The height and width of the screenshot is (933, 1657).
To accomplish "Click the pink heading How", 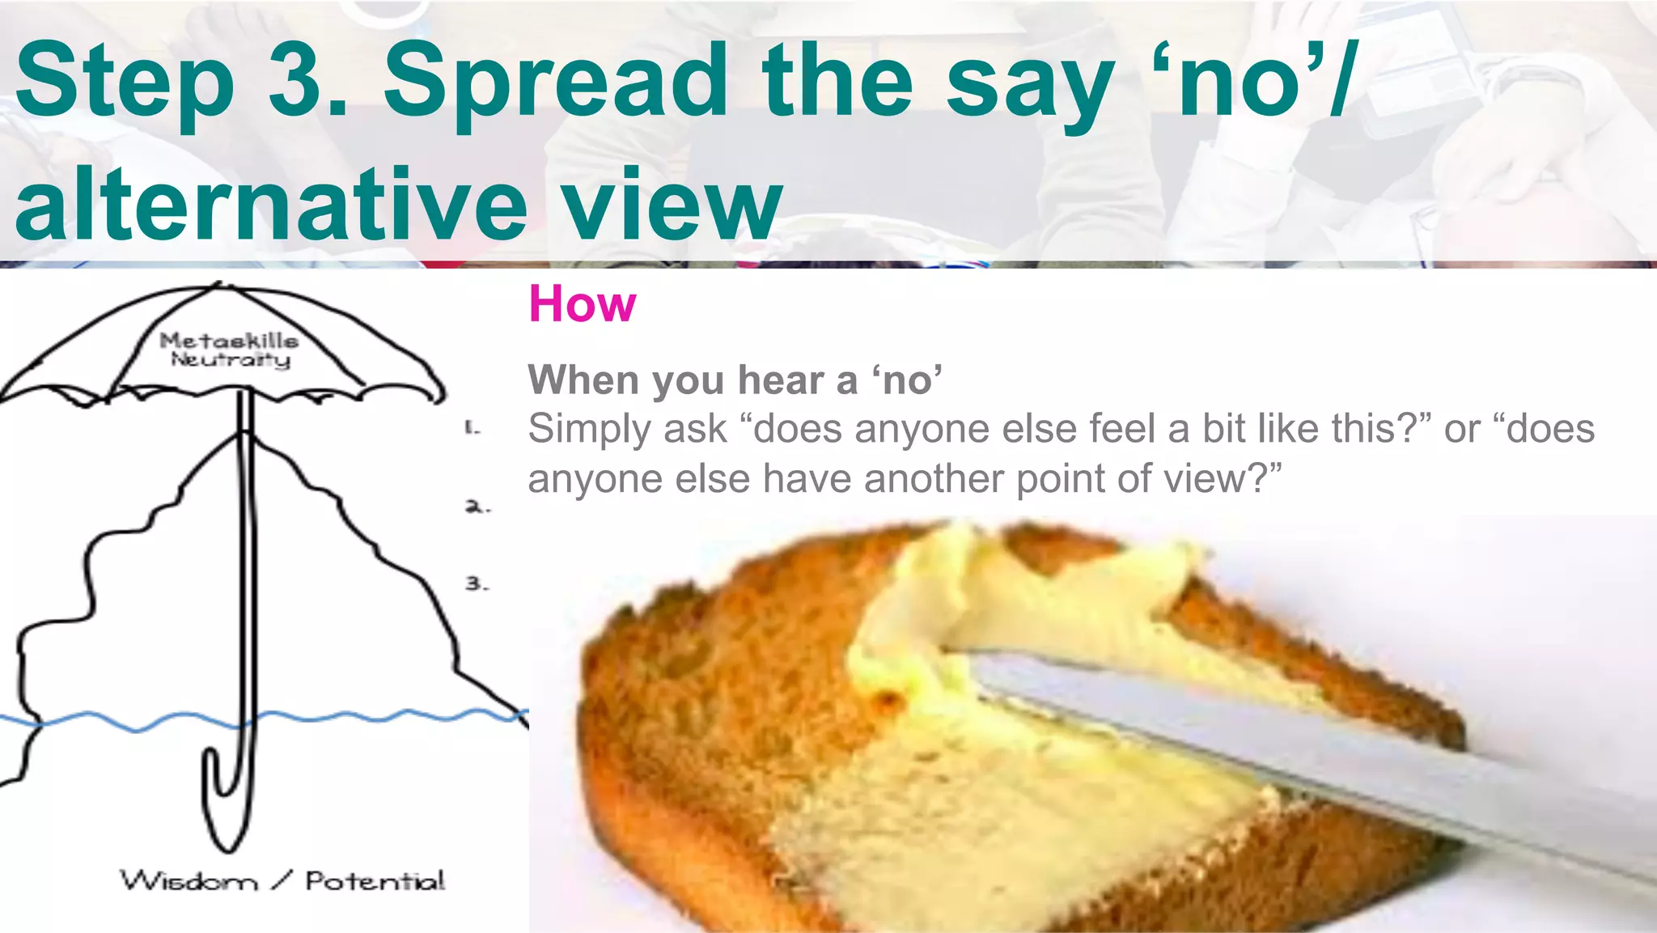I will (x=582, y=304).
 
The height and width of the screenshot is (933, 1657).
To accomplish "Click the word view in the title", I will (x=673, y=204).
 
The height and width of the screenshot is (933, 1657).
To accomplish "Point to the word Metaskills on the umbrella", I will (x=229, y=341).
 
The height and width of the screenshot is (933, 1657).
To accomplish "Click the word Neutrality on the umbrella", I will (x=231, y=359).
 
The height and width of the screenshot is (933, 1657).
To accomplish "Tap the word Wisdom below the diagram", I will (x=189, y=880).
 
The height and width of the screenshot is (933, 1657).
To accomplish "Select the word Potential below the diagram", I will (x=375, y=880).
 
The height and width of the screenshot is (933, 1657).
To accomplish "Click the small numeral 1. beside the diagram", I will (x=473, y=428).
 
